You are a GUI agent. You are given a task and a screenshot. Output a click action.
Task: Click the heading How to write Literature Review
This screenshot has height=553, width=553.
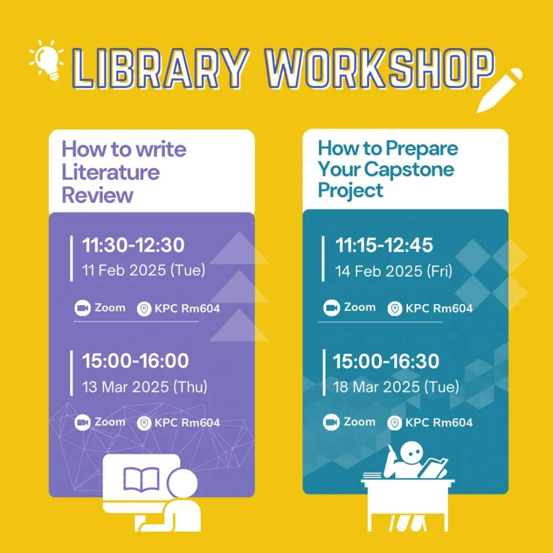coord(124,172)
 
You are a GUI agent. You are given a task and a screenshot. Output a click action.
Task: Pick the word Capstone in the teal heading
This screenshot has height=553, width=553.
coord(409,169)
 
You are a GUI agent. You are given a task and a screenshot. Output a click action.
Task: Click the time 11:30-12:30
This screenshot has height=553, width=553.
coord(133,245)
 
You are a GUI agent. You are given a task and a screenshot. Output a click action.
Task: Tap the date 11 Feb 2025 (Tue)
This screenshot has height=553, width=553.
coord(144,270)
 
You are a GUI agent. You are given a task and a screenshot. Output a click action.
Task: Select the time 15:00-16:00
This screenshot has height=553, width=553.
coord(135,361)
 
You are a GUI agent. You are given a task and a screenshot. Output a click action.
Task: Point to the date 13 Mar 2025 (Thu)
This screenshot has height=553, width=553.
coord(144,387)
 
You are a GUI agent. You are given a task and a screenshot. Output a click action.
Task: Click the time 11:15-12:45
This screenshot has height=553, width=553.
coord(384,245)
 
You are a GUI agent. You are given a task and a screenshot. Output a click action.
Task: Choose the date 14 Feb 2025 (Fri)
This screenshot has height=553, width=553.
coord(394,271)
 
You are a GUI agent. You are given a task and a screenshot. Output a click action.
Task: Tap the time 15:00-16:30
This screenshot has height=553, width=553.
coord(386,361)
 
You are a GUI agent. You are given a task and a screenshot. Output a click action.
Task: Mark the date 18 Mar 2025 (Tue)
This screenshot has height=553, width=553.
coord(396,387)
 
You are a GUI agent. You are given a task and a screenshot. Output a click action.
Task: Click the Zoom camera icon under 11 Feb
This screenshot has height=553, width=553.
coord(82,308)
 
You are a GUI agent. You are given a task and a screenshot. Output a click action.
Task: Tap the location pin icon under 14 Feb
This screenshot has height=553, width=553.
coord(395,309)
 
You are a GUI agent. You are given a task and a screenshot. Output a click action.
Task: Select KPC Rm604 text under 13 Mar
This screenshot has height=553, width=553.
coord(187,422)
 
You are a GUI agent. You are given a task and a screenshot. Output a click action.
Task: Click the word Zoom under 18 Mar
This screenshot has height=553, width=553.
coord(359,422)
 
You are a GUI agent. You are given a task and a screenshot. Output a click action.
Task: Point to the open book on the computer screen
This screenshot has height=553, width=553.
coord(141,479)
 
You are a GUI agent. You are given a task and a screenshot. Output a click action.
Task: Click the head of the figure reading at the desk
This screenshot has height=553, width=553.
coord(411,453)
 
